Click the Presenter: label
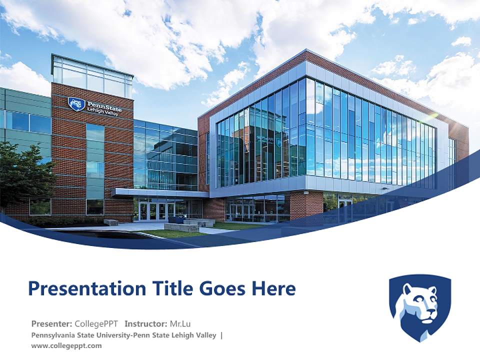[51, 323]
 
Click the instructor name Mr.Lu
[179, 323]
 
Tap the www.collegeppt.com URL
[66, 345]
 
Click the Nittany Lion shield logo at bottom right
[420, 306]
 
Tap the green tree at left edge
[22, 172]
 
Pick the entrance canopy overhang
[160, 193]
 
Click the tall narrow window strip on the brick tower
[94, 160]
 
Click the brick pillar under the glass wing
[306, 205]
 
